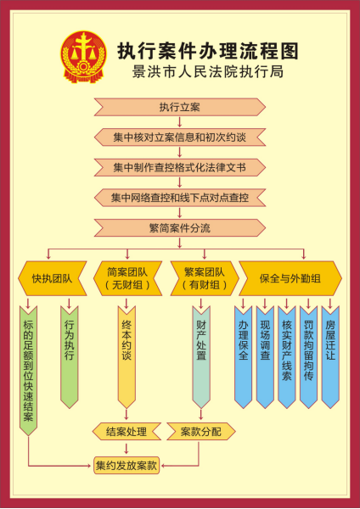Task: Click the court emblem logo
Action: pyautogui.click(x=83, y=57)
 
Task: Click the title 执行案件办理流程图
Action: pyautogui.click(x=208, y=51)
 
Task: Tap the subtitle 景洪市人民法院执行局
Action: pyautogui.click(x=208, y=72)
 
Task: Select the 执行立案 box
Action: pyautogui.click(x=180, y=107)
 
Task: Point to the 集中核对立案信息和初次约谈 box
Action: pyautogui.click(x=180, y=137)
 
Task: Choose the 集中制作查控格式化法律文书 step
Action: pyautogui.click(x=180, y=167)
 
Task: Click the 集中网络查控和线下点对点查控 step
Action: pyautogui.click(x=180, y=198)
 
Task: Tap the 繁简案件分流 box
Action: pyautogui.click(x=180, y=228)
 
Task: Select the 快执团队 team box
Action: pyautogui.click(x=53, y=278)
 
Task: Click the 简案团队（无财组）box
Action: pyautogui.click(x=127, y=278)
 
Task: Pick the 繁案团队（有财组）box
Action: pyautogui.click(x=205, y=278)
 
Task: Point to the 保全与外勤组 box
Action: pyautogui.click(x=290, y=278)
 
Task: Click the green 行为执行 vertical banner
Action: pyautogui.click(x=70, y=357)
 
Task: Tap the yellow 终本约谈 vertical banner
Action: pyautogui.click(x=127, y=357)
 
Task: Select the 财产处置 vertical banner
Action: pyautogui.click(x=201, y=357)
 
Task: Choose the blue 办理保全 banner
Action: pyautogui.click(x=244, y=357)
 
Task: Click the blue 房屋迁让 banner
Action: pyautogui.click(x=330, y=357)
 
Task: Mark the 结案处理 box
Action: pyautogui.click(x=127, y=432)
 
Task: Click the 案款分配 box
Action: pyautogui.click(x=201, y=432)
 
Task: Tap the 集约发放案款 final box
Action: pyautogui.click(x=127, y=466)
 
